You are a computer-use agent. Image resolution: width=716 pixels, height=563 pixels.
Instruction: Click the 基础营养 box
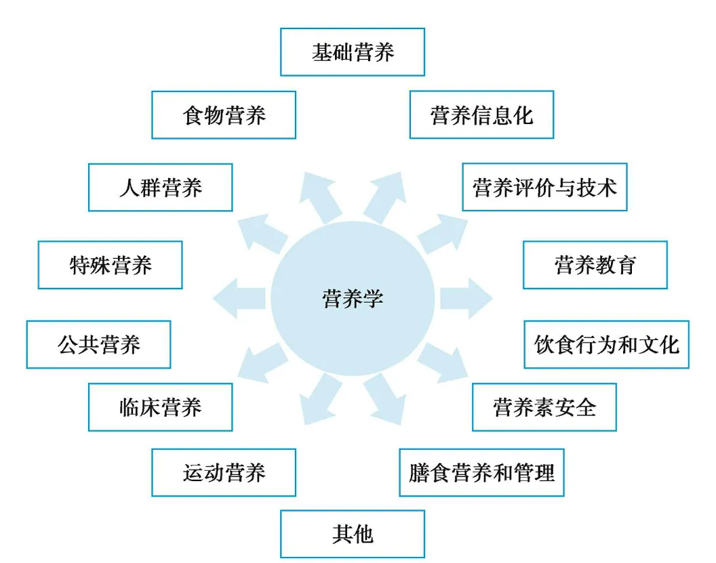point(353,52)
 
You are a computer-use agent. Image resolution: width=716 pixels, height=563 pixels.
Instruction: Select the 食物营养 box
point(224,115)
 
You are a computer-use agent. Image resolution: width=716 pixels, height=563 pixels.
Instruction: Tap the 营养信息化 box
point(481,115)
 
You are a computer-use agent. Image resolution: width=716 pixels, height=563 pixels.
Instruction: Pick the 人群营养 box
point(161,188)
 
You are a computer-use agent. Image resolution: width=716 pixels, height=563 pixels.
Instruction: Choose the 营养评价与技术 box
point(544,187)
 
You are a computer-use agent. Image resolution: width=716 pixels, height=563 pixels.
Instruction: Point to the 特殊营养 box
point(111,265)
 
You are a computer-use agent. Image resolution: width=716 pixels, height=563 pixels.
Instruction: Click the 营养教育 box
point(595,265)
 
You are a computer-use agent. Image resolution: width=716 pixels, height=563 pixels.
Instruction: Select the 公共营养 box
point(99,345)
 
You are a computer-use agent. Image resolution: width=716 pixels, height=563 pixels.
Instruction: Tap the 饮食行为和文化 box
point(606,345)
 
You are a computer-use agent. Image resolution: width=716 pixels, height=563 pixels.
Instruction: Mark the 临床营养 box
point(161,407)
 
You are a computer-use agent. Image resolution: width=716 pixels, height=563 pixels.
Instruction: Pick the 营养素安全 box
point(544,407)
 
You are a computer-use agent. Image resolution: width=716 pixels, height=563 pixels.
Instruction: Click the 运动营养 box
point(224,472)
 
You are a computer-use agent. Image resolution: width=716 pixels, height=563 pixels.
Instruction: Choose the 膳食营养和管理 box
point(481,472)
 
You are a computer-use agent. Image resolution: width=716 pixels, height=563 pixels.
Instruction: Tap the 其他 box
point(353,535)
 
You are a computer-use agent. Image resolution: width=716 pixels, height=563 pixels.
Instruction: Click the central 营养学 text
point(353,298)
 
